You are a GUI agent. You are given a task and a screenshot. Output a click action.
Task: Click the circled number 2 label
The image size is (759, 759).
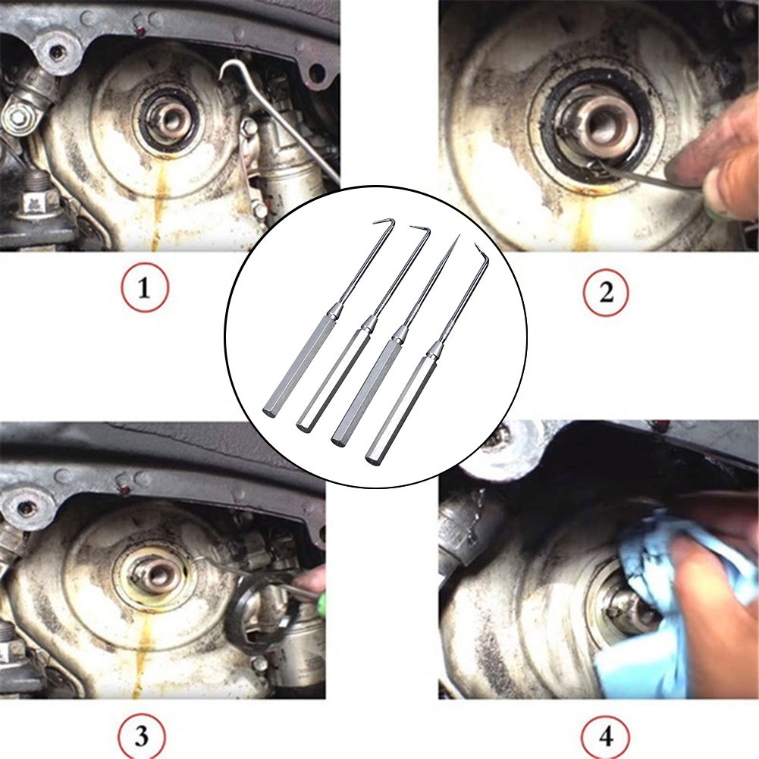click(x=606, y=293)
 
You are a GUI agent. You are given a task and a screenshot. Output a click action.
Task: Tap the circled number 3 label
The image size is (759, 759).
click(x=141, y=735)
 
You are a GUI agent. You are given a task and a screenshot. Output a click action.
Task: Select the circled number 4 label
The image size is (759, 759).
click(x=606, y=737)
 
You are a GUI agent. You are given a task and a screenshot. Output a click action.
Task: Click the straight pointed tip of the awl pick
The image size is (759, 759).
click(x=459, y=236)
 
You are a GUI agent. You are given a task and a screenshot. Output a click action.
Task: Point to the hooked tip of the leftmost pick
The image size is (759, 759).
click(x=375, y=223)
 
